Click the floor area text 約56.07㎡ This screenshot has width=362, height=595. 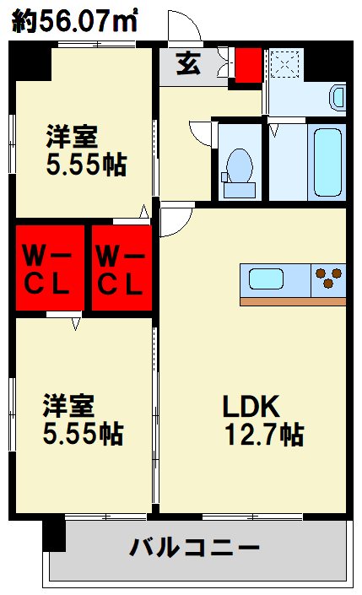(74, 21)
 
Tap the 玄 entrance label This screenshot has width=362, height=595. (188, 64)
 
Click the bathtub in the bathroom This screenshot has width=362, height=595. (327, 162)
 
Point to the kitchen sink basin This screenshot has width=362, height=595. (266, 279)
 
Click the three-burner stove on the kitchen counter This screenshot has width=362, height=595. (328, 279)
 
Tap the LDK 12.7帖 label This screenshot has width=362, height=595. (262, 420)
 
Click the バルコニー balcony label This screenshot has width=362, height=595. (195, 548)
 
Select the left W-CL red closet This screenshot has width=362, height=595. (50, 268)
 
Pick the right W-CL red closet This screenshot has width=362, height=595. (122, 268)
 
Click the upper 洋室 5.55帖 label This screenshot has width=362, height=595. (86, 150)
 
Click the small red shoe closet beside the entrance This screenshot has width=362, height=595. (249, 65)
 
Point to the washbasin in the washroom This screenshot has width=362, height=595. (338, 98)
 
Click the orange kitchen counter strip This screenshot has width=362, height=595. (293, 301)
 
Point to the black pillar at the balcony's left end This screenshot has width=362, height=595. (53, 535)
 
